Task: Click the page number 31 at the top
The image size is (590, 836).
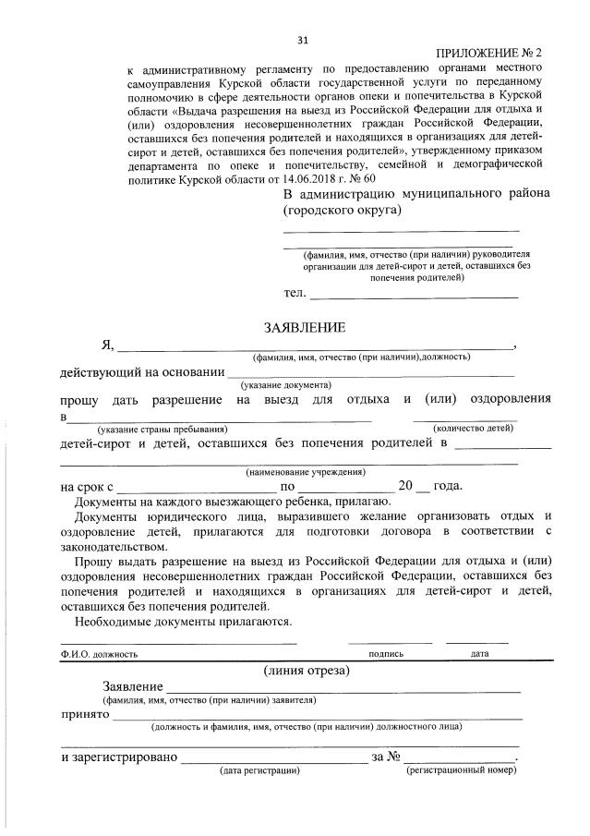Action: (303, 40)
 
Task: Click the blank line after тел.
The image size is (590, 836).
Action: (415, 297)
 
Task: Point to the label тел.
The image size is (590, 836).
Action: (295, 293)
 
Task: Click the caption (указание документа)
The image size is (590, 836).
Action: (285, 384)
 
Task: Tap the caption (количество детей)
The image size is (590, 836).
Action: (473, 429)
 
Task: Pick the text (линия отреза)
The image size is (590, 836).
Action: (306, 670)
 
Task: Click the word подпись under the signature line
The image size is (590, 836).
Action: (386, 654)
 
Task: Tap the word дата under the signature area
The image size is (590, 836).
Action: (479, 654)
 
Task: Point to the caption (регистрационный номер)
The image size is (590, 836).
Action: (459, 769)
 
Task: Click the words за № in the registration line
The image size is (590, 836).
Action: (386, 757)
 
